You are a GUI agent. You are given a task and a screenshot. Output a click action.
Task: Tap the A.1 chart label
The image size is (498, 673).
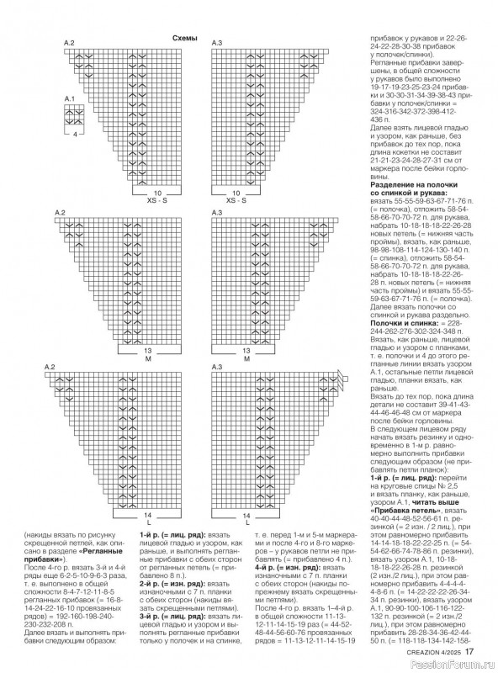(x=71, y=100)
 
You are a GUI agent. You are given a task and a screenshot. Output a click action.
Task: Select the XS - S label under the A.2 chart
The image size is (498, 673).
(x=157, y=201)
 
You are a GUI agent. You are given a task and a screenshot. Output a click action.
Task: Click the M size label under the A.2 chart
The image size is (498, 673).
(x=148, y=359)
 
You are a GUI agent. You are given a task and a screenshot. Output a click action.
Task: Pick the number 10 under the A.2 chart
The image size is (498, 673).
(x=157, y=193)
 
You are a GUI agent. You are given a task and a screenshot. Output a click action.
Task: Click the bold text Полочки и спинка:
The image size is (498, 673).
(x=399, y=321)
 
